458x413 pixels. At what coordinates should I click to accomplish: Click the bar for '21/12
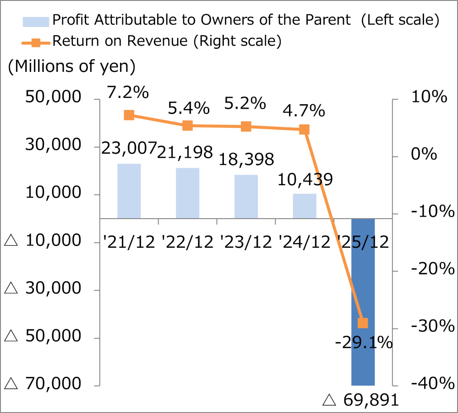129,191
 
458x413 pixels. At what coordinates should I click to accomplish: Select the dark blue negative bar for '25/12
363,302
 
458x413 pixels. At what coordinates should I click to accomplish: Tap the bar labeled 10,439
305,206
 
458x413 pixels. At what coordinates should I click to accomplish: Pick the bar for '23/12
246,196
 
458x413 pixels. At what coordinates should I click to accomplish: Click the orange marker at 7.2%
129,115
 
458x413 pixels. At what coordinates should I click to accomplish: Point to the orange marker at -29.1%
363,323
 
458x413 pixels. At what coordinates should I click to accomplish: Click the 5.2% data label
245,104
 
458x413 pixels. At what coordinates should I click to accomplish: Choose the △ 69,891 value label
361,401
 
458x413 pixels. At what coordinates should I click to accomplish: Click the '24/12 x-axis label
304,241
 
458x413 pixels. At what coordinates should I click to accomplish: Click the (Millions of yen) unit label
71,66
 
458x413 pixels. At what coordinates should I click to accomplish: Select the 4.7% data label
304,111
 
